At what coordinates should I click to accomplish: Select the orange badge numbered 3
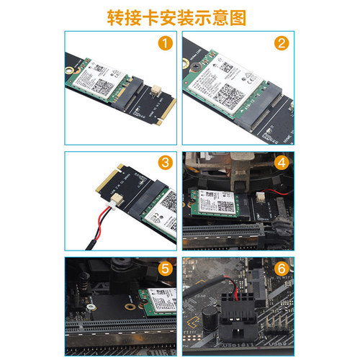(x=166, y=161)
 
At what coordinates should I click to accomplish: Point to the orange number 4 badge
(x=282, y=161)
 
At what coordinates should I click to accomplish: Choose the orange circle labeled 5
(x=166, y=268)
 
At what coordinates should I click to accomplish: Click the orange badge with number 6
(x=282, y=268)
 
